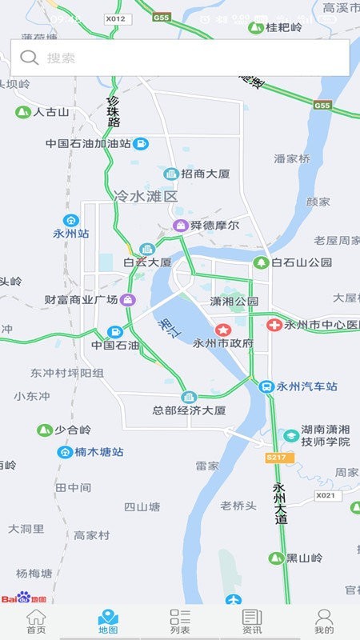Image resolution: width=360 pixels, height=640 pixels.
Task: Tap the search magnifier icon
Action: coord(30,57)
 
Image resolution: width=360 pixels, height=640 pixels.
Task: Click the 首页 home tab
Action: coord(36,622)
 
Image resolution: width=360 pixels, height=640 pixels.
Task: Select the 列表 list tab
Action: coord(180,622)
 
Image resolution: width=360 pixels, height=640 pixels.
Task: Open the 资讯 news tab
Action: coord(252,622)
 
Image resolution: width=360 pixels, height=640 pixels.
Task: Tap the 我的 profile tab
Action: coord(324,622)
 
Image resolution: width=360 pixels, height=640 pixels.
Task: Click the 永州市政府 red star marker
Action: coord(222,329)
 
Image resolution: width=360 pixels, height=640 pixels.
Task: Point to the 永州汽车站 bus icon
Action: coord(266,386)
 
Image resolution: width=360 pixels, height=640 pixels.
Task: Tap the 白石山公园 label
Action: coord(302,262)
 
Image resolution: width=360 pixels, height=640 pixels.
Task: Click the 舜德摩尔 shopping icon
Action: coord(181,226)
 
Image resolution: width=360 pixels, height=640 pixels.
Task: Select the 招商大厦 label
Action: coord(206,174)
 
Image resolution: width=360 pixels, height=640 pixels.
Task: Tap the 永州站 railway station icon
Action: coord(71,220)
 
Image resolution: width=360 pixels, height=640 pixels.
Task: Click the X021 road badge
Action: coord(326,496)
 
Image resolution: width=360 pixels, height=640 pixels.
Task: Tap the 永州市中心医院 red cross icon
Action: coord(274,325)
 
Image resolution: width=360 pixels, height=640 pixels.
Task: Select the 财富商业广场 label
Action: coord(81,300)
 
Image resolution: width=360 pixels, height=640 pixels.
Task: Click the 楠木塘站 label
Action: coord(99,452)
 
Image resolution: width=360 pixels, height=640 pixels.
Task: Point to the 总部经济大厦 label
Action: coord(189,410)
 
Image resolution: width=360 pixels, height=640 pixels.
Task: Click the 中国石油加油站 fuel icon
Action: coord(141,144)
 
